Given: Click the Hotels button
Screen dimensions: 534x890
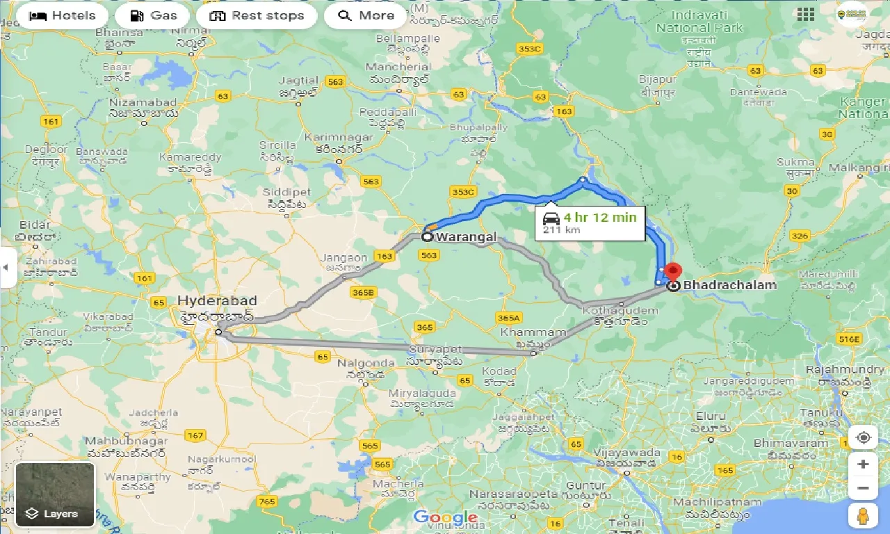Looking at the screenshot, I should coord(62,15).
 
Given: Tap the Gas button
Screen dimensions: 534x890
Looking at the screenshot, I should coord(154,15).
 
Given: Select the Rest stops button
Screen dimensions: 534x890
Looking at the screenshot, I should coord(257,15).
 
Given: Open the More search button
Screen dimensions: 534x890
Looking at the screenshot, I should coord(366,15).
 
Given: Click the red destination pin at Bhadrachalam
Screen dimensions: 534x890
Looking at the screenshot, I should coord(672,272).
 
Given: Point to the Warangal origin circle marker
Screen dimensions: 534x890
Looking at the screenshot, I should coord(427,236).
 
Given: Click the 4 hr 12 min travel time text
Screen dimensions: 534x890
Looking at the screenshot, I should coord(599,217).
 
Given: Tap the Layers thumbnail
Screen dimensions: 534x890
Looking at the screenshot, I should coord(54,494).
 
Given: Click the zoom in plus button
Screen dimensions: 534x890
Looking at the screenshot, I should coord(863,464).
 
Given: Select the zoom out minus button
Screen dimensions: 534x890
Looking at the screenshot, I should coord(863,489).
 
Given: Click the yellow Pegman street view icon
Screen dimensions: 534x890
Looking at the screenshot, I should coord(863,516).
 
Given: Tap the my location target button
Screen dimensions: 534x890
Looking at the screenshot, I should coord(863,437).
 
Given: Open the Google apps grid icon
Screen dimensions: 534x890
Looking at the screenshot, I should coord(805,15).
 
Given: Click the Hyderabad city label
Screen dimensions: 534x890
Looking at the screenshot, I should coord(217,301).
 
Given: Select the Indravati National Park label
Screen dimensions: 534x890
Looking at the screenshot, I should coord(699,22).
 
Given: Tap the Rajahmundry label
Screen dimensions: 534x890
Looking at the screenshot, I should coord(845,370).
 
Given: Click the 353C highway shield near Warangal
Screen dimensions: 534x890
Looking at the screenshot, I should coord(462,192).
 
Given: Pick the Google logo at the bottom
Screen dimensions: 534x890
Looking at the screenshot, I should coord(445,517).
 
